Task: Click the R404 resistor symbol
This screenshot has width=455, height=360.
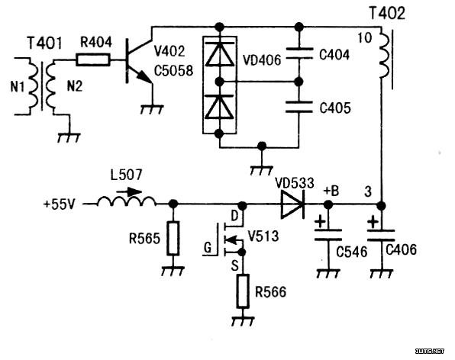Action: [x=93, y=60]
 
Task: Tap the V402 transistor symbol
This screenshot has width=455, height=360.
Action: [x=139, y=60]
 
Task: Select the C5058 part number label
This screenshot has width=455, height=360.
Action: [x=173, y=71]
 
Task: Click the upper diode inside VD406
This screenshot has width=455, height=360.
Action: [x=220, y=53]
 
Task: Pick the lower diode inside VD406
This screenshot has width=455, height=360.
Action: [x=219, y=107]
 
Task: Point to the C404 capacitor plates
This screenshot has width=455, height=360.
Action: [x=299, y=53]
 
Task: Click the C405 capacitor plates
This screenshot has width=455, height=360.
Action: [x=299, y=106]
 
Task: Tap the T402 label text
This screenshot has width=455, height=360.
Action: [x=387, y=13]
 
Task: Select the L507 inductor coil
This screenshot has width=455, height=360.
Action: [x=127, y=201]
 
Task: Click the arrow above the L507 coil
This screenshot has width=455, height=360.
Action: [x=129, y=191]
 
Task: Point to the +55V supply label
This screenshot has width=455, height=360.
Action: [x=60, y=204]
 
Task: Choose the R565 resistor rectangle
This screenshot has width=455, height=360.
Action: [x=173, y=238]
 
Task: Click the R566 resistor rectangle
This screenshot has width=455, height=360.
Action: [x=243, y=291]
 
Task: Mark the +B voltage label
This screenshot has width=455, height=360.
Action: [x=331, y=191]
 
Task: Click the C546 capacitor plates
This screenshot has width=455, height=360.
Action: [x=328, y=235]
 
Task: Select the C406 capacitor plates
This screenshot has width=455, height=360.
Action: [x=381, y=236]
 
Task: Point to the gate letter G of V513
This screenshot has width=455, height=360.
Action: [x=208, y=248]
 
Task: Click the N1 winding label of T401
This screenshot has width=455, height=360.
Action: [x=18, y=86]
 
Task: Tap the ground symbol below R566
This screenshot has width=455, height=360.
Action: [x=243, y=321]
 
